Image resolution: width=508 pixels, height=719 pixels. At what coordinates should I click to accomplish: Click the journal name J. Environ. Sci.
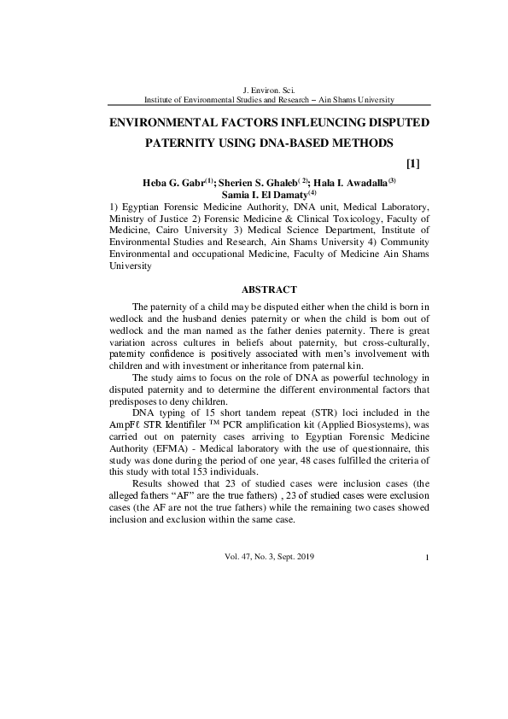point(269,89)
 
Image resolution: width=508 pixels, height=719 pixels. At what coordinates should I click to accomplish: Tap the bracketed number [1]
point(412,162)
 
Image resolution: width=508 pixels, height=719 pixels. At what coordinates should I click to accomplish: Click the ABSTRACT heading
point(270,289)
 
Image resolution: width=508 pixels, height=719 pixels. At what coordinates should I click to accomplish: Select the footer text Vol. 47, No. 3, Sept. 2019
point(270,557)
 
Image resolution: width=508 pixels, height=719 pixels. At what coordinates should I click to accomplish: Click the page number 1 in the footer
point(425,558)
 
